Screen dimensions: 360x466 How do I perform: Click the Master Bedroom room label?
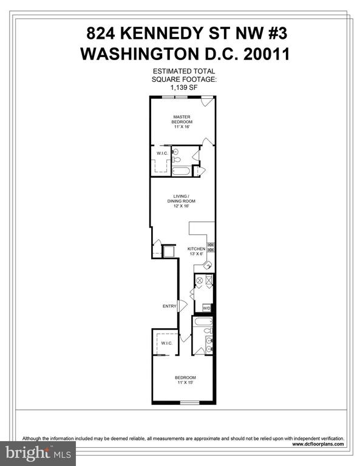(x=182, y=122)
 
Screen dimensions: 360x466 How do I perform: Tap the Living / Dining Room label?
(x=181, y=201)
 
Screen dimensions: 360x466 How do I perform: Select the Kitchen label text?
(x=196, y=249)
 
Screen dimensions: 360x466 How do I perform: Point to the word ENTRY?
(x=169, y=306)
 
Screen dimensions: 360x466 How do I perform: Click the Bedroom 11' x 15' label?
(x=186, y=380)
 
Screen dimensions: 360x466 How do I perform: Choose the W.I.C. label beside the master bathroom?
(x=162, y=154)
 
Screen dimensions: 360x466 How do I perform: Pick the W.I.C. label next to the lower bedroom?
(x=167, y=343)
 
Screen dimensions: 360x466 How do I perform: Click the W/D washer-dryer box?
(x=206, y=308)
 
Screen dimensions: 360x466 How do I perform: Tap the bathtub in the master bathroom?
(x=182, y=171)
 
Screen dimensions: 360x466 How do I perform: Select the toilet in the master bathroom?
(x=176, y=160)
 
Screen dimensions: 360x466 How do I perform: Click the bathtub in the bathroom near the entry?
(x=203, y=322)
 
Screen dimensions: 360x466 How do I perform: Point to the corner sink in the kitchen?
(x=208, y=265)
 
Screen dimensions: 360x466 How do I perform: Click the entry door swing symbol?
(x=182, y=306)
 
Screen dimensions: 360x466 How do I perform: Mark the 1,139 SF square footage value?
(x=184, y=87)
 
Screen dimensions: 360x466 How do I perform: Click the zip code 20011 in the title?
(x=267, y=55)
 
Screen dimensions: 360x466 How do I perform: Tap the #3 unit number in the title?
(x=277, y=33)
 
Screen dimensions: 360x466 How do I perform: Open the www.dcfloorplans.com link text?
(x=318, y=444)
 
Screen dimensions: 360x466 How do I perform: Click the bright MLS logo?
(x=38, y=453)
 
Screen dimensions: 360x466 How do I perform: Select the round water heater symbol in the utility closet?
(x=200, y=280)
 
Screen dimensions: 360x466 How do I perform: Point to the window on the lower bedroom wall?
(x=190, y=402)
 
